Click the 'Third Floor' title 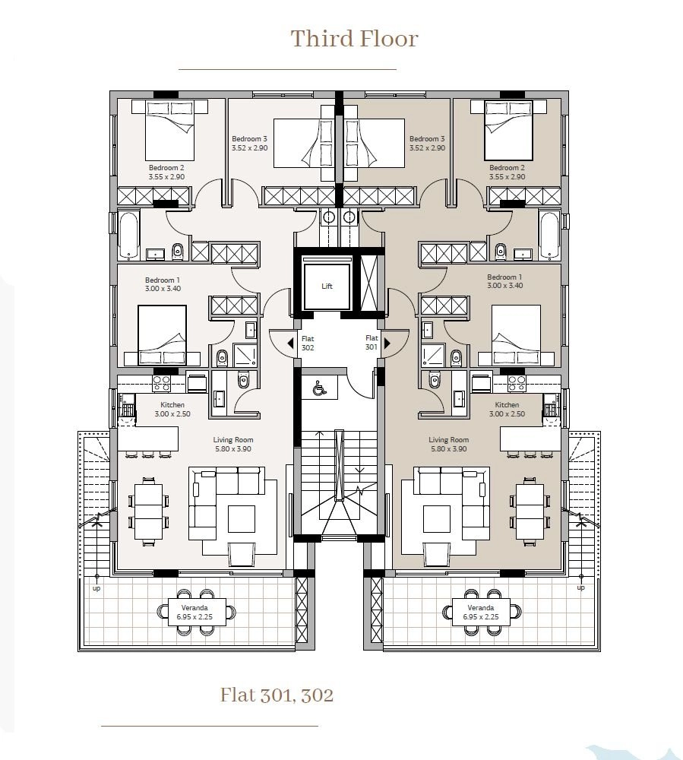point(354,39)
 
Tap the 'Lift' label point(327,286)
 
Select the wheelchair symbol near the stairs point(319,388)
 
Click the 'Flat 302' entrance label point(308,344)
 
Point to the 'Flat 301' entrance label point(372,342)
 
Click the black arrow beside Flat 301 point(387,344)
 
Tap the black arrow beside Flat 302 point(291,344)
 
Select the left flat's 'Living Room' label point(233,439)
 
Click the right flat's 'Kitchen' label point(508,405)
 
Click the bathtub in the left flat point(129,235)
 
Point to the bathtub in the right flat point(549,235)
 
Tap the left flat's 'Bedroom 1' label point(163,280)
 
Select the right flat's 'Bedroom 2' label point(508,168)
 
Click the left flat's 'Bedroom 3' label point(249,139)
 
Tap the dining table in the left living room point(149,511)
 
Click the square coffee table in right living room point(437,518)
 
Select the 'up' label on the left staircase point(96,588)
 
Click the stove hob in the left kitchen point(161,383)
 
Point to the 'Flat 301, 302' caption point(277,695)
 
